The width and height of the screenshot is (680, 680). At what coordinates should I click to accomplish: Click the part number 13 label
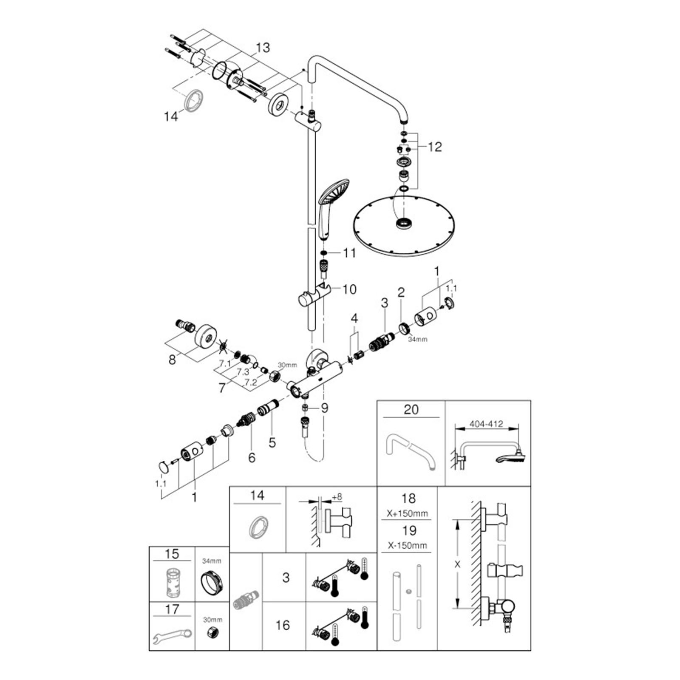click(263, 48)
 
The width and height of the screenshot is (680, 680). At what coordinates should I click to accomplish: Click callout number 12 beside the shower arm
click(435, 147)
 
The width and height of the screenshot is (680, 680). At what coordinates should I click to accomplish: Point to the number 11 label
click(349, 253)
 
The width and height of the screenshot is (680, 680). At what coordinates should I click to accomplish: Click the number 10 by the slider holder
click(349, 289)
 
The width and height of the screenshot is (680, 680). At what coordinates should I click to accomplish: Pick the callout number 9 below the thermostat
click(325, 408)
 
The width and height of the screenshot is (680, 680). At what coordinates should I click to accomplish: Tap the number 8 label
click(172, 360)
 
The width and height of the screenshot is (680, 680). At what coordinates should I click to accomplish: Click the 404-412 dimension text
click(486, 424)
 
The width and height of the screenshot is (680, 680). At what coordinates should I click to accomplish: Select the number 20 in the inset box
click(411, 410)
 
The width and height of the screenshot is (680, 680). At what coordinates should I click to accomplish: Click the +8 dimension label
click(337, 496)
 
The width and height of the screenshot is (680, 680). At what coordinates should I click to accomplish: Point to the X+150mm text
click(407, 513)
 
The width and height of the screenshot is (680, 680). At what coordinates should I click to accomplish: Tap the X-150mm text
click(407, 545)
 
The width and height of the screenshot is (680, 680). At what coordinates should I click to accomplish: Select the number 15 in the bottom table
click(172, 554)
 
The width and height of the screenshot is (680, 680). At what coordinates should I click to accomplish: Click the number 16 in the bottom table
click(283, 625)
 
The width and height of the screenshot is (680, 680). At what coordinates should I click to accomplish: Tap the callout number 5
click(272, 442)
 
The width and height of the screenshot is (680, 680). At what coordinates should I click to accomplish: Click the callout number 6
click(252, 458)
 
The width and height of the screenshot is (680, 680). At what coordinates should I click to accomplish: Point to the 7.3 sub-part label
click(243, 371)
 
